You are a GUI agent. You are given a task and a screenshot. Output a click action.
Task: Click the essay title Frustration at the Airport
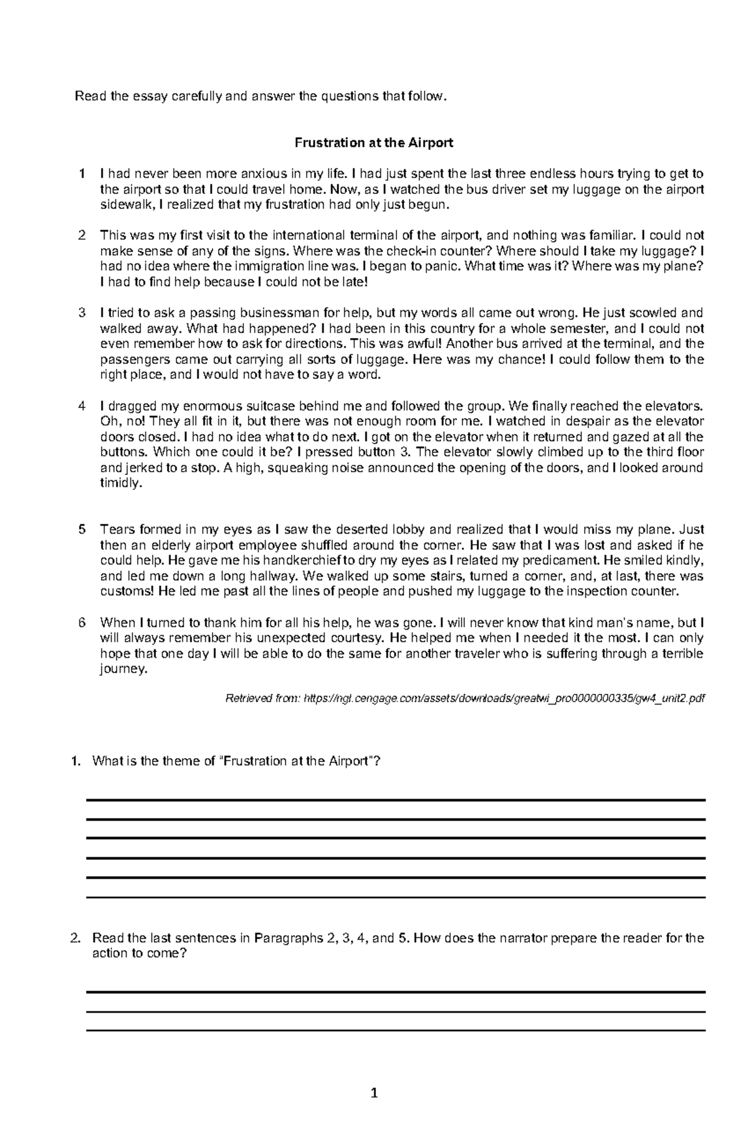373,143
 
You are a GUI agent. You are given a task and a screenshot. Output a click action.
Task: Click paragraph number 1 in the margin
81,174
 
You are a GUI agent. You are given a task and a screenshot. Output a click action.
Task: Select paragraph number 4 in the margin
81,406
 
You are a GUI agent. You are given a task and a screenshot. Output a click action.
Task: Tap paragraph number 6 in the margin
81,623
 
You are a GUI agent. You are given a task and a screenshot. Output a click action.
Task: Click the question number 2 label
75,938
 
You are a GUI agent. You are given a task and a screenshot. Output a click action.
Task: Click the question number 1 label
75,761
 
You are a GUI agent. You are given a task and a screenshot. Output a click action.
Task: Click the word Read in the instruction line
87,97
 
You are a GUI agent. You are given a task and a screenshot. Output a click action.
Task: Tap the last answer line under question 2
395,1030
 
